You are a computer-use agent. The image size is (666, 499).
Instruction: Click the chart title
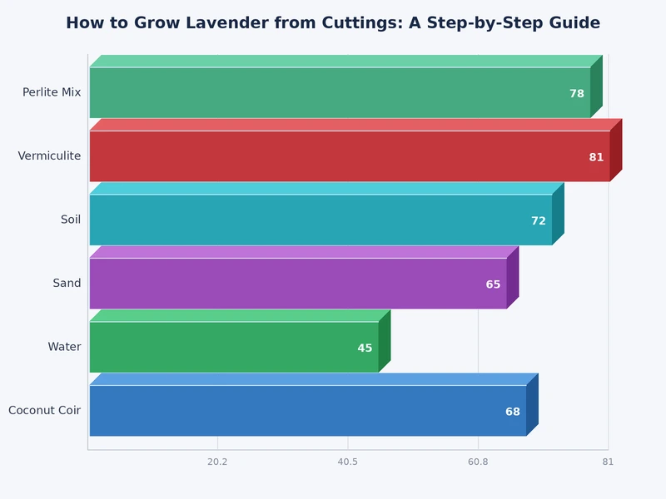(333, 23)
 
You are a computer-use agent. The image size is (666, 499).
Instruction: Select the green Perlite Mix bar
(333, 92)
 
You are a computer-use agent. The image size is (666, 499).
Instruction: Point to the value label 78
(577, 94)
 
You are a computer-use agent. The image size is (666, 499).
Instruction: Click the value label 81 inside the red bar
(596, 157)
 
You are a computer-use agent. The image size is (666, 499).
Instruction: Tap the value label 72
(539, 221)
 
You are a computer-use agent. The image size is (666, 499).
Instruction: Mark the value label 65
(493, 284)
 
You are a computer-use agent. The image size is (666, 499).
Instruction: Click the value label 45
(365, 348)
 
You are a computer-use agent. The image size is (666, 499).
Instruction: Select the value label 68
(513, 412)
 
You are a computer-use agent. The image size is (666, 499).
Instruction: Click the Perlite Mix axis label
(52, 92)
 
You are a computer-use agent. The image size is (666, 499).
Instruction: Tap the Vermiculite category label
(49, 156)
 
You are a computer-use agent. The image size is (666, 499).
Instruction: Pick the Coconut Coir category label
(45, 411)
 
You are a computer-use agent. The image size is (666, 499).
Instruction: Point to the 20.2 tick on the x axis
(217, 462)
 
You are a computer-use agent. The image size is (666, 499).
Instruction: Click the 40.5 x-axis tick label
(348, 462)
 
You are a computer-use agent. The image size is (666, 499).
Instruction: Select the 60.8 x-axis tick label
(478, 462)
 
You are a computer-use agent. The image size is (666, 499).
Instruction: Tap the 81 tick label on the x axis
(608, 462)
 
